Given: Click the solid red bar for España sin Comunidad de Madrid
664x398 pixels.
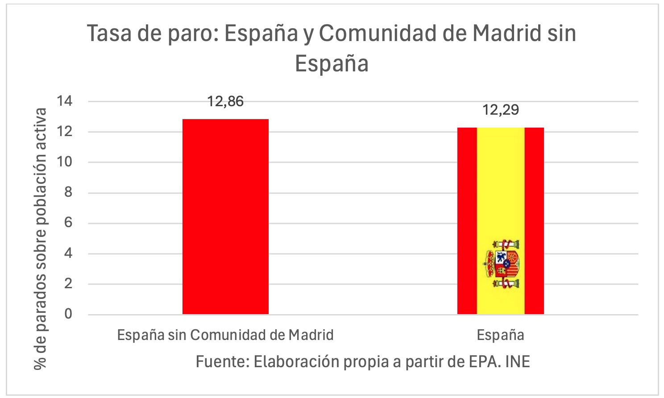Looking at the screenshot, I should (x=225, y=217).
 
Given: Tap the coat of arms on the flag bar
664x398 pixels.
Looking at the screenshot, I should (x=502, y=264).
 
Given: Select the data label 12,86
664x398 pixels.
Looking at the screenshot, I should (x=225, y=102).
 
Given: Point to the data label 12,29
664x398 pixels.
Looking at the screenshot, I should (x=500, y=110).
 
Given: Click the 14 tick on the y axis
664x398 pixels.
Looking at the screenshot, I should (x=65, y=101).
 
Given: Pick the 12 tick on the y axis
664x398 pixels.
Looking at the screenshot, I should (x=65, y=132).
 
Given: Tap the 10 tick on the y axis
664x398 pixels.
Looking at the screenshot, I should (x=65, y=162).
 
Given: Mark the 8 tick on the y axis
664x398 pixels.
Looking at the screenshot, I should (x=68, y=193).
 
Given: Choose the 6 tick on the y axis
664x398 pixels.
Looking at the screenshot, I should (x=68, y=223).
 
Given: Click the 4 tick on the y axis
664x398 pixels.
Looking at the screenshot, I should (x=68, y=253).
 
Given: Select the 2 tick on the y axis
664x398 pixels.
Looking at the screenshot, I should (x=68, y=284).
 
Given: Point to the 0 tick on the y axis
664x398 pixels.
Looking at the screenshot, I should (x=68, y=314).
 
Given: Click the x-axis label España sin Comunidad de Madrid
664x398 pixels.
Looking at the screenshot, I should (x=225, y=335).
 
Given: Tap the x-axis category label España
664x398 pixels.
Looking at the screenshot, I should (x=500, y=335).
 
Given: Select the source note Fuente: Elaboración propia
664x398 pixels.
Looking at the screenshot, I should (x=362, y=361).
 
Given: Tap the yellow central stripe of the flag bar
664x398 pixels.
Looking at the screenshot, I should (x=500, y=187).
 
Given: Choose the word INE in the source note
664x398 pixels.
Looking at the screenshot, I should (x=518, y=361).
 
